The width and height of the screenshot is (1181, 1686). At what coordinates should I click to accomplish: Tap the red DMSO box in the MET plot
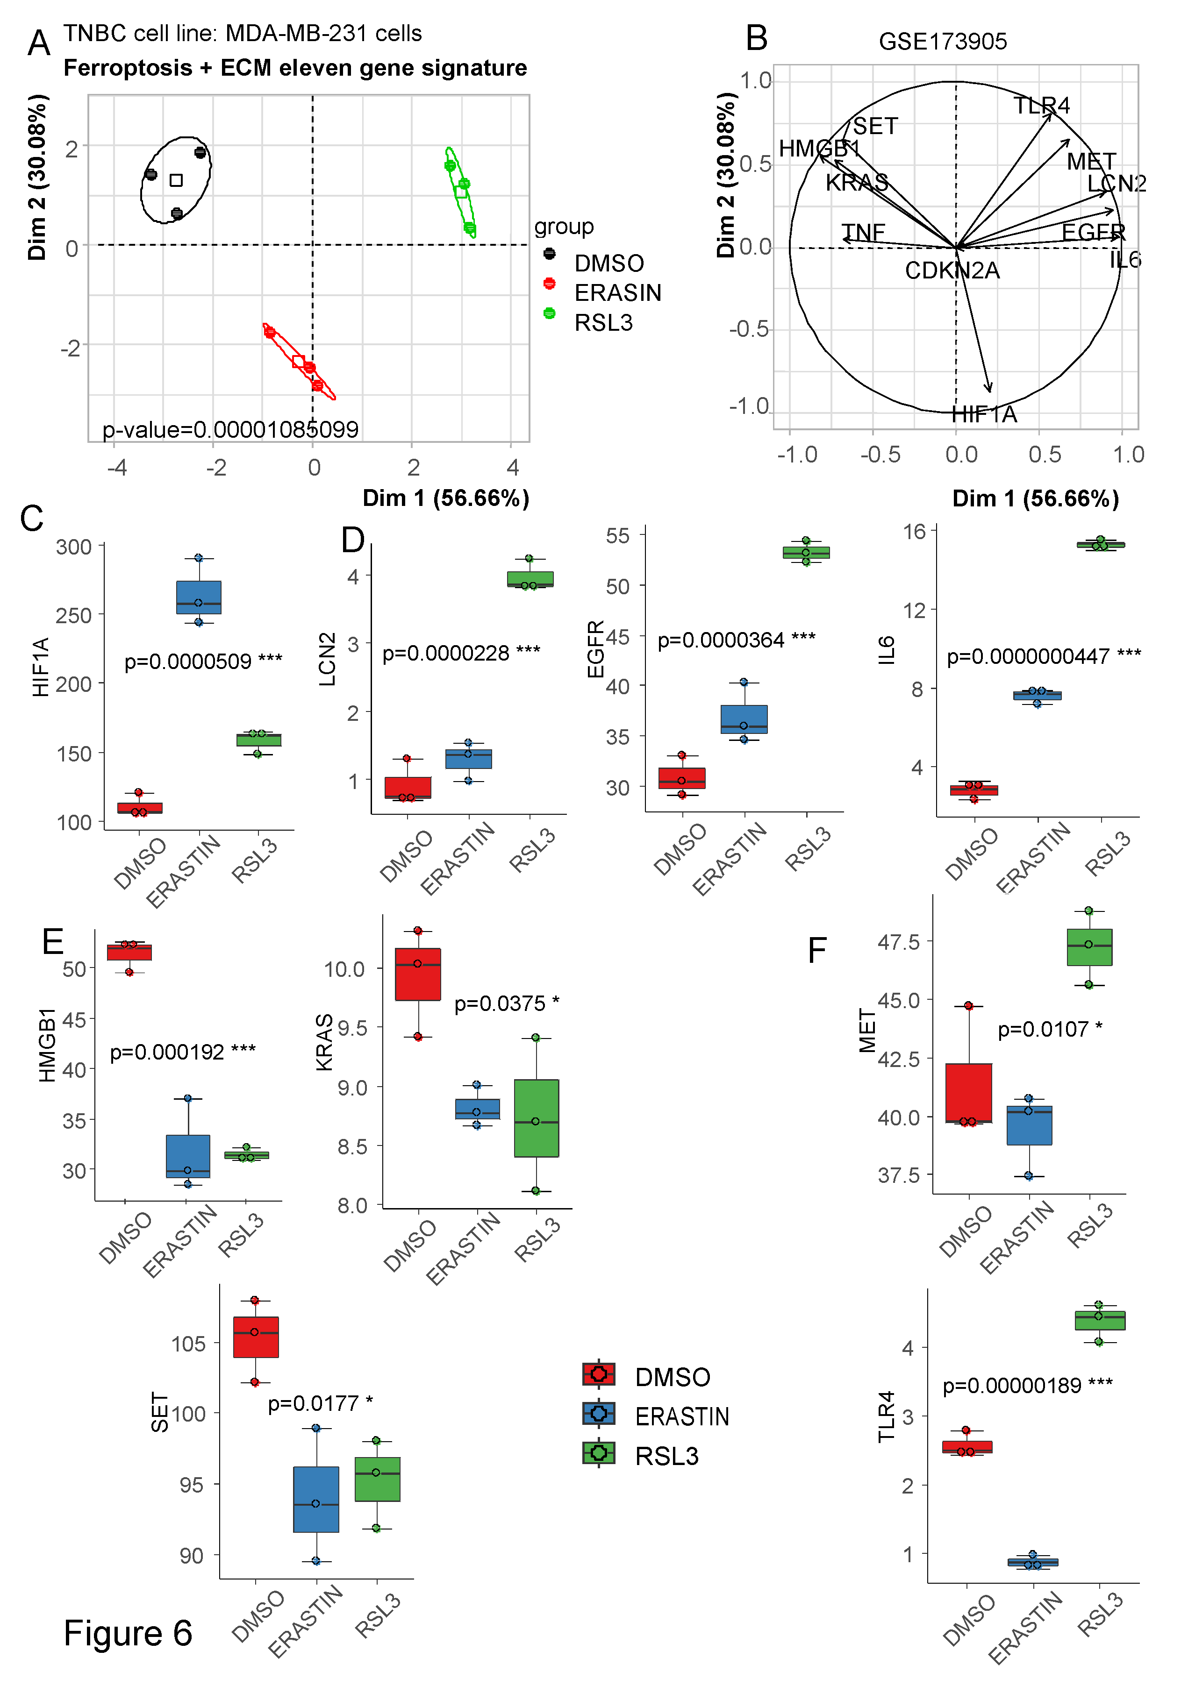tap(969, 1092)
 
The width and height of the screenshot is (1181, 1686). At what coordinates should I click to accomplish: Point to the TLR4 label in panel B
tap(1041, 106)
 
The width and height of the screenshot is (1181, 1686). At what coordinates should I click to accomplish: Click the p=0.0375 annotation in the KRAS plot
tap(506, 1003)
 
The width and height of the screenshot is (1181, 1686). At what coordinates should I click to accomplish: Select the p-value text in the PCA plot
tap(230, 429)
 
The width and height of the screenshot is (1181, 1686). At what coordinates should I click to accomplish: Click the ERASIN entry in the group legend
tap(617, 292)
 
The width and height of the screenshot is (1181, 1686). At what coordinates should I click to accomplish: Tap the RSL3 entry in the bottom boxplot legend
tap(666, 1455)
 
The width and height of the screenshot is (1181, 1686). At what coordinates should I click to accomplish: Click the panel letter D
tap(352, 540)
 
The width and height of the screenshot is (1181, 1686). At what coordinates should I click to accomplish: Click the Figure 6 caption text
tap(128, 1633)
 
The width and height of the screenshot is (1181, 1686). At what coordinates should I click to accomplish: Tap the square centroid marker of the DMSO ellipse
tap(176, 180)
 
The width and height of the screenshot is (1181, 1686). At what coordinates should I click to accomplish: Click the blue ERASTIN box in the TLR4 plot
tap(1033, 1562)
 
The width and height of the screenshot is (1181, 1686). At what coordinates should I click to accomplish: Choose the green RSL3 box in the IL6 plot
tap(1100, 545)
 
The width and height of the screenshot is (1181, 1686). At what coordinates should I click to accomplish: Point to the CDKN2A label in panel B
tap(952, 270)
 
